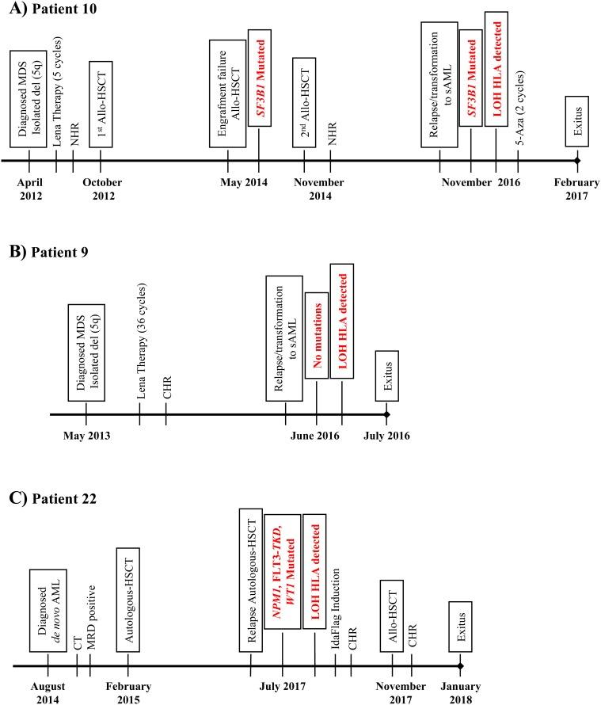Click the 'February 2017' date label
click(577, 189)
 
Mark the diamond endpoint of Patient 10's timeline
click(577, 161)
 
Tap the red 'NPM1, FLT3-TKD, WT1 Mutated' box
click(282, 582)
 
